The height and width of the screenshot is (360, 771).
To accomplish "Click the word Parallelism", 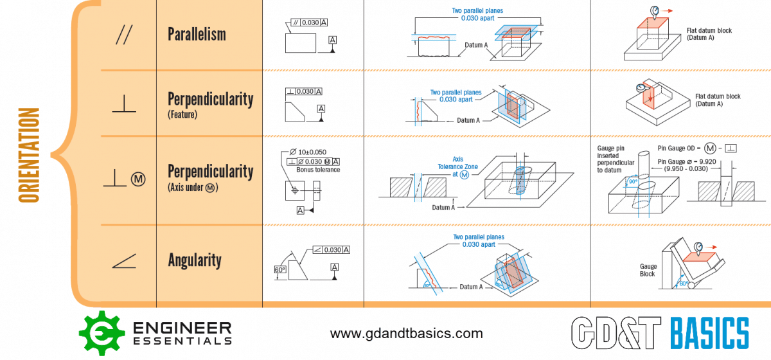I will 197,34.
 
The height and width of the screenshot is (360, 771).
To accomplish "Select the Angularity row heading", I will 195,260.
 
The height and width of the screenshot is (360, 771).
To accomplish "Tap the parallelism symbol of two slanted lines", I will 122,35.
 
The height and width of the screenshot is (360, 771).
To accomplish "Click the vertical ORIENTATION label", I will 29,155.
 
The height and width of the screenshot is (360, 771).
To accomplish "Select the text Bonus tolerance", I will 318,170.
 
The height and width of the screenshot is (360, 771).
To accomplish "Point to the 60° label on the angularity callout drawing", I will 280,271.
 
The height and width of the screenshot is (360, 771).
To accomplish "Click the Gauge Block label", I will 648,270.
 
